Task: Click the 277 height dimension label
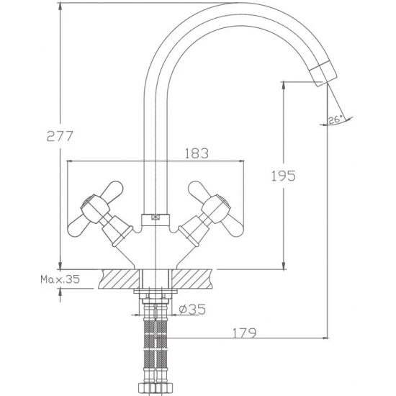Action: (60, 136)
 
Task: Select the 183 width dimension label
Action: (197, 153)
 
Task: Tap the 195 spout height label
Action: (284, 176)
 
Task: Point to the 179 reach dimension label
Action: (244, 333)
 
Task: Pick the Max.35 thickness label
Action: (60, 279)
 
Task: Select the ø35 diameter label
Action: (192, 309)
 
